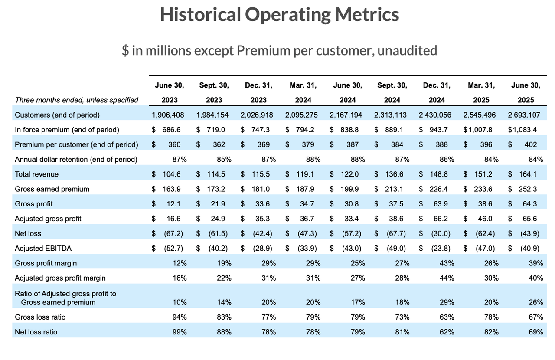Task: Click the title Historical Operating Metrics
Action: pyautogui.click(x=279, y=15)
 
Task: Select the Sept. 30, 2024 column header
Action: pyautogui.click(x=392, y=92)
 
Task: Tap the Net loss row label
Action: pyautogui.click(x=28, y=233)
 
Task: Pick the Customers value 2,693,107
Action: pyautogui.click(x=526, y=115)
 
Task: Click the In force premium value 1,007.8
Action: pyautogui.click(x=481, y=130)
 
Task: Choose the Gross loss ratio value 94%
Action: pyautogui.click(x=179, y=317)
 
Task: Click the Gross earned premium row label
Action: pyautogui.click(x=52, y=189)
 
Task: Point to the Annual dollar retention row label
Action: pyautogui.click(x=76, y=159)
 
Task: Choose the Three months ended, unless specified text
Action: pyautogui.click(x=76, y=100)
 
